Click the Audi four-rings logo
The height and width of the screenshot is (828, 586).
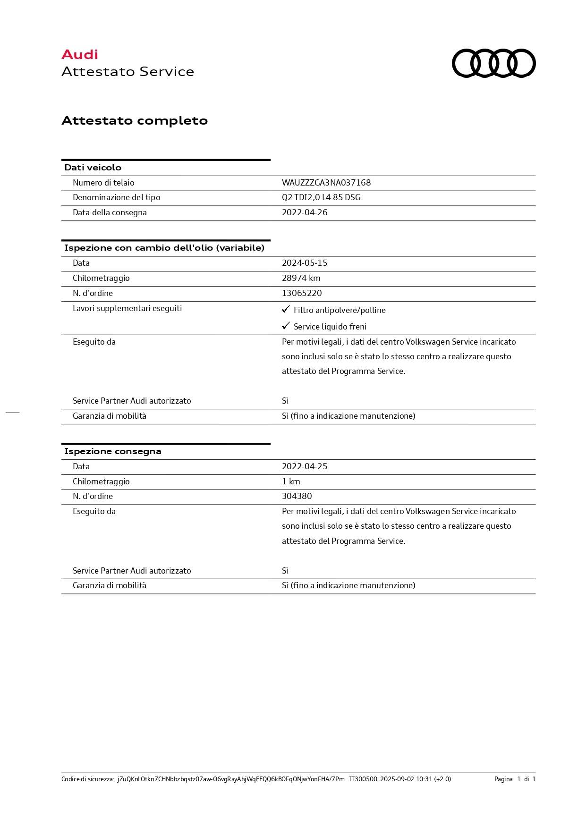click(x=493, y=63)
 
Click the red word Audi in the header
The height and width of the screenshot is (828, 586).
click(x=80, y=55)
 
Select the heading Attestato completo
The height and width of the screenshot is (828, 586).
click(x=135, y=121)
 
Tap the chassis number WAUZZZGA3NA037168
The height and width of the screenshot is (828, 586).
click(x=326, y=183)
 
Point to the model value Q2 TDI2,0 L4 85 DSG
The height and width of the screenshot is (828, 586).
click(x=321, y=197)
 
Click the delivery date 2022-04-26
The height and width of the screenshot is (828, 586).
click(x=305, y=212)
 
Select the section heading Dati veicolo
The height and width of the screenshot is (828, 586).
click(x=93, y=168)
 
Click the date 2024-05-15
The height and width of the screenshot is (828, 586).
click(x=305, y=263)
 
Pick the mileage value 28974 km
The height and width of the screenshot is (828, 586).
click(x=301, y=278)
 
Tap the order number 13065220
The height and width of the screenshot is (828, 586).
click(x=302, y=293)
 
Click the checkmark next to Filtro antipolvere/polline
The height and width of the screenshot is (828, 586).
click(x=286, y=309)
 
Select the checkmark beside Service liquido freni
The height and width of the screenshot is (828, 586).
click(x=286, y=326)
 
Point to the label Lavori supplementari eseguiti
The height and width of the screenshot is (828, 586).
click(x=127, y=308)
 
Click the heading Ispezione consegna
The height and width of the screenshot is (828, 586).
click(x=113, y=451)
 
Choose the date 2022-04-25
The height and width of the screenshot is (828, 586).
click(x=305, y=466)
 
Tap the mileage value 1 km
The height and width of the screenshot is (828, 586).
click(x=291, y=482)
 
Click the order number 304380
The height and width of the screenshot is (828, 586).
click(x=297, y=496)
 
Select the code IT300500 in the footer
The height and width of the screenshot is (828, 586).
click(x=363, y=779)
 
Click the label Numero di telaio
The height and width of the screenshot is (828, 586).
click(x=103, y=183)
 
